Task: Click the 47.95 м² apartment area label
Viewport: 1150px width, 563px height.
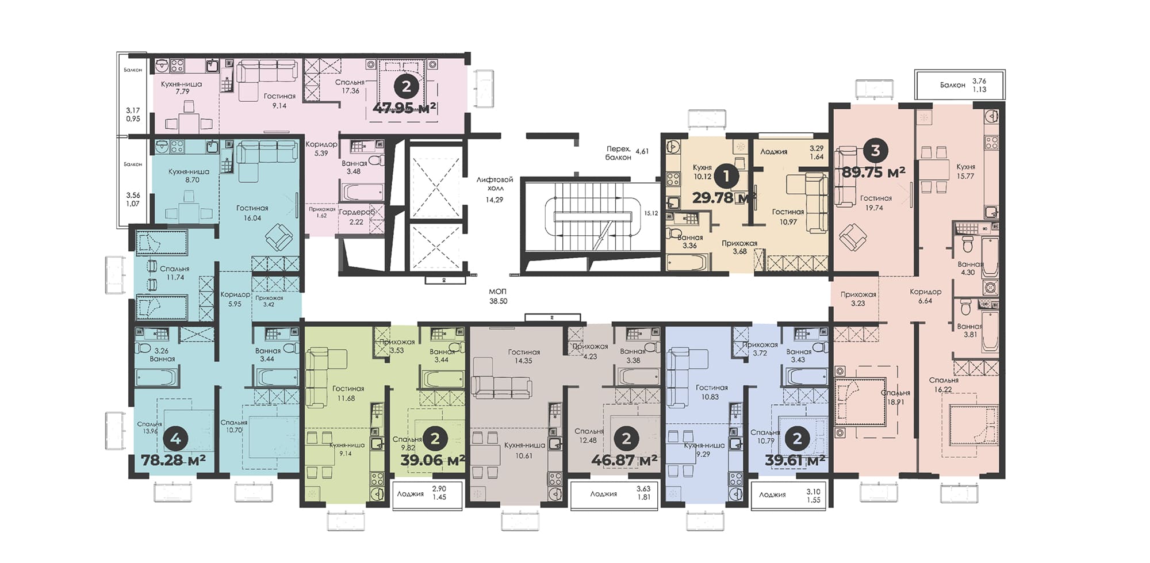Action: click(404, 108)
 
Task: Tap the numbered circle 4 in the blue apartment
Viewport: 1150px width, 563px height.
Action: click(175, 439)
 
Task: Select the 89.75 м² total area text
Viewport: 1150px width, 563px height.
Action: click(873, 172)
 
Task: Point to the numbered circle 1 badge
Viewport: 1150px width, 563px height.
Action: click(727, 176)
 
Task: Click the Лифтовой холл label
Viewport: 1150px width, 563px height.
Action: click(494, 184)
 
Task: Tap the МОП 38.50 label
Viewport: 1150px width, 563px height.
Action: click(498, 296)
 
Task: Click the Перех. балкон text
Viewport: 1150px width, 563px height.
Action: click(619, 153)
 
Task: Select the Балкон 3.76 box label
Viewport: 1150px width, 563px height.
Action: click(953, 85)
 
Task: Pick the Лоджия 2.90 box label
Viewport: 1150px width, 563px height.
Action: click(411, 494)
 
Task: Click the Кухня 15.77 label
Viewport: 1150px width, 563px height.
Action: click(965, 171)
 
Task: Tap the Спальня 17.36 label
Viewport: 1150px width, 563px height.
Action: click(350, 86)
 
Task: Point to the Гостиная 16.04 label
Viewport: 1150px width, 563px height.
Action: click(252, 213)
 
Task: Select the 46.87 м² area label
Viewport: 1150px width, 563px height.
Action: click(624, 460)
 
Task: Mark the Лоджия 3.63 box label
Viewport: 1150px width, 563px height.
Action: click(604, 494)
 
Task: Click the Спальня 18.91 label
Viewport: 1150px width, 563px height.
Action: click(895, 397)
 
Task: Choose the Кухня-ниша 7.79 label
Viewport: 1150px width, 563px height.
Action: click(181, 87)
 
